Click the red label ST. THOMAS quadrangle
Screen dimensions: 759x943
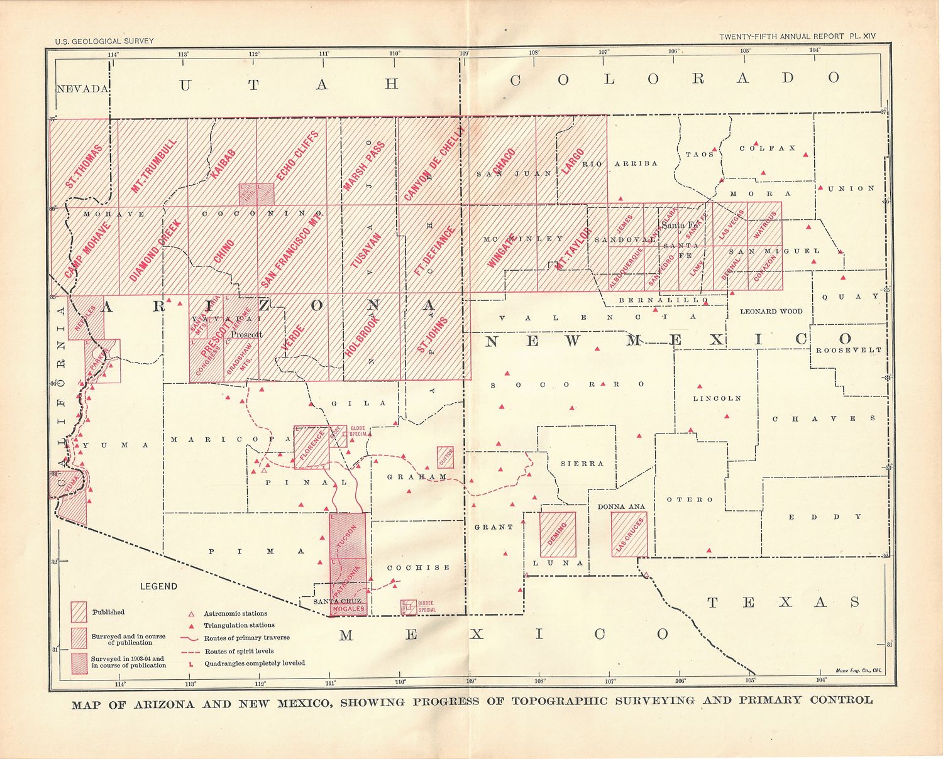coord(84,167)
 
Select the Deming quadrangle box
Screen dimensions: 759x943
coord(558,535)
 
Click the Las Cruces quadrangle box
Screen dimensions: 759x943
coord(629,535)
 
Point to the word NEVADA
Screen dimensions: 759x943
coord(82,89)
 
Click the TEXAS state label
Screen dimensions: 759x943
coord(783,603)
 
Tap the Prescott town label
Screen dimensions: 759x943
coord(246,334)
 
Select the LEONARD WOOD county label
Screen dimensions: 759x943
coord(771,311)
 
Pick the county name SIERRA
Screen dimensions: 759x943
coord(582,464)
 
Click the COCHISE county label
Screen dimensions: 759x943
coord(418,567)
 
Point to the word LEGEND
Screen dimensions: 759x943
coord(158,586)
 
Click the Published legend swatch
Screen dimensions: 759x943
coord(79,612)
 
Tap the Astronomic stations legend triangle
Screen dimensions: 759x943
coord(191,614)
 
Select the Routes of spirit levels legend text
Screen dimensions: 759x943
coord(239,651)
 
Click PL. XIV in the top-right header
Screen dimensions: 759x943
coord(862,36)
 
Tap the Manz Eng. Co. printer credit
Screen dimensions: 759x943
coord(859,670)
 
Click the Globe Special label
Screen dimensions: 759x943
coord(358,431)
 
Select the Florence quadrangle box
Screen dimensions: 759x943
coord(312,447)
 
